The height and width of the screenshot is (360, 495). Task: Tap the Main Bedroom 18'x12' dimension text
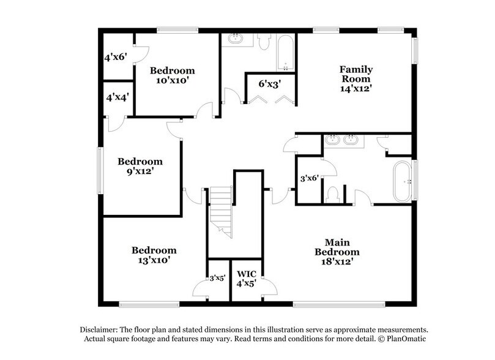pos(337,261)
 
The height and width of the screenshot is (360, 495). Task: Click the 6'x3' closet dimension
pos(269,84)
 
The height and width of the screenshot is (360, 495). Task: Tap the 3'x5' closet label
pos(217,277)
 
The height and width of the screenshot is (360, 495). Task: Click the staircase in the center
pos(221,211)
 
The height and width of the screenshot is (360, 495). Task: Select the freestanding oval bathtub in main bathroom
pos(404,181)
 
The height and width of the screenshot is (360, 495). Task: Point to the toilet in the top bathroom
pos(264,42)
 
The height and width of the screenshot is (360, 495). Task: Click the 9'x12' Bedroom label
pos(140,167)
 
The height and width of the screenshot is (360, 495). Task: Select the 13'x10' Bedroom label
pos(154,255)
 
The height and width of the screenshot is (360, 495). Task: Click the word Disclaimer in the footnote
pos(101,329)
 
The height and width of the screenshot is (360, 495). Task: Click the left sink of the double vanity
pos(333,140)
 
